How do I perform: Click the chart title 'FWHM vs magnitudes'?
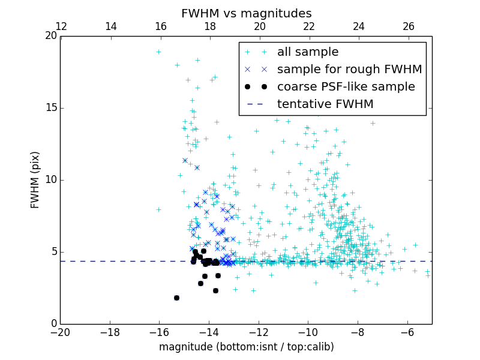point(246,13)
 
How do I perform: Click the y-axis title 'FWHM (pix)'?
point(35,180)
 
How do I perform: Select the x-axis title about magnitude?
point(246,347)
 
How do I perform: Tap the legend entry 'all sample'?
point(308,52)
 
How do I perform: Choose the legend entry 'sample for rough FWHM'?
point(349,70)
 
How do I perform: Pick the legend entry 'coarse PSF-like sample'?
point(346,87)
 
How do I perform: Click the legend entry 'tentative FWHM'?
point(325,104)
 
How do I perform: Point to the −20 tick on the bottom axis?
point(60,332)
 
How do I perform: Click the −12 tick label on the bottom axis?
point(259,332)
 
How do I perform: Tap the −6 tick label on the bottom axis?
point(407,332)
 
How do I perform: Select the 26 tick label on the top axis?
point(409,26)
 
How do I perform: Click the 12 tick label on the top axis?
point(61,26)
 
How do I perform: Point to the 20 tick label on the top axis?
point(259,26)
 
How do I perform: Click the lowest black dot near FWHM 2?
point(176,298)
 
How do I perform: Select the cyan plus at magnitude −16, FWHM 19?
point(158,52)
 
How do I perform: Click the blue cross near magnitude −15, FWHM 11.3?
point(185,160)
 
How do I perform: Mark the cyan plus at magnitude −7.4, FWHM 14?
point(373,123)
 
